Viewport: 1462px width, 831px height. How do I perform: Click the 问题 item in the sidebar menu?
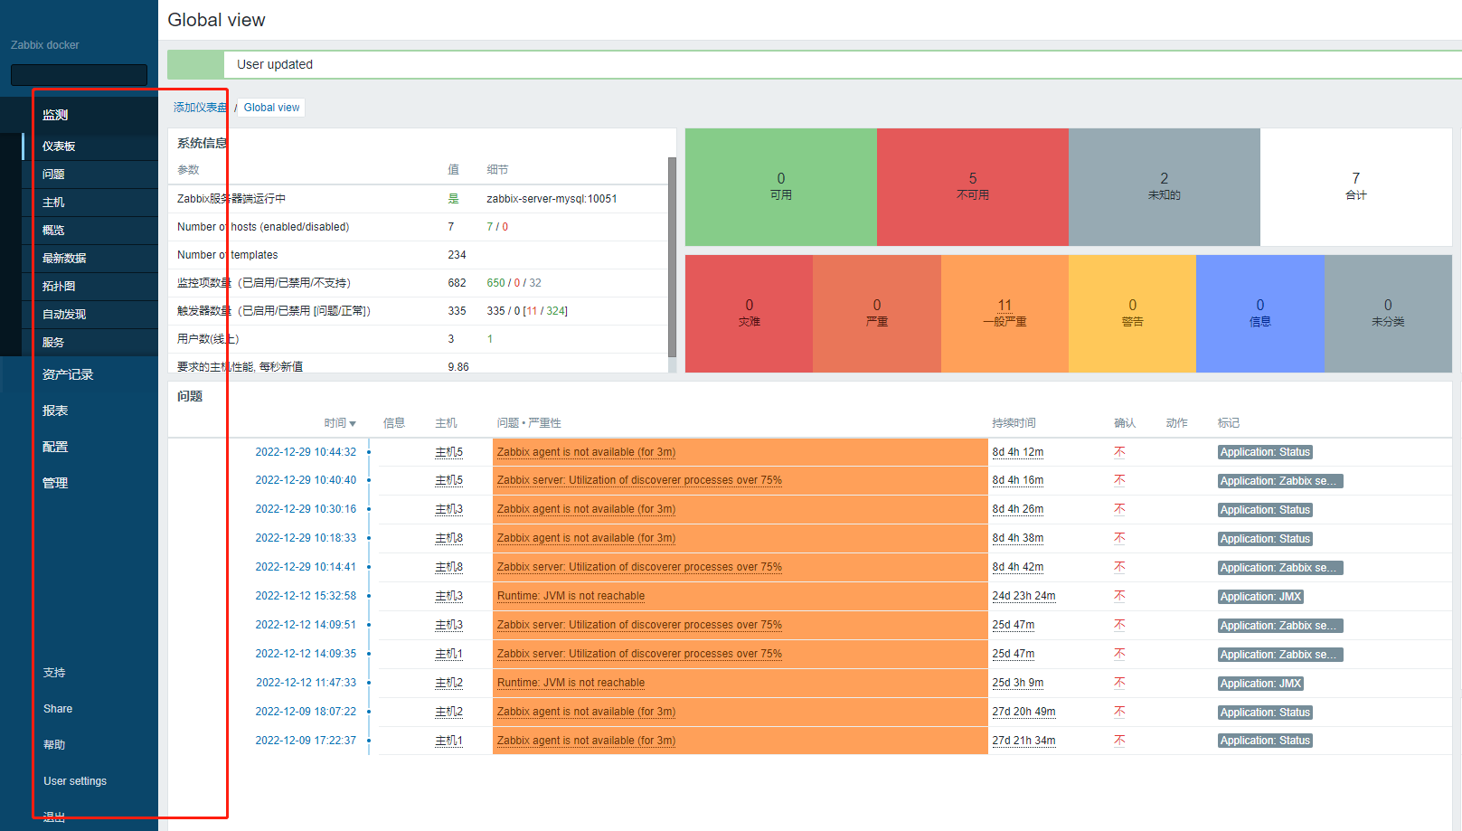[x=53, y=175]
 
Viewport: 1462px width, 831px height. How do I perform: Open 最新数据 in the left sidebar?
[x=64, y=259]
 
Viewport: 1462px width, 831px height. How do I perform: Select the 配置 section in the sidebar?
[x=55, y=447]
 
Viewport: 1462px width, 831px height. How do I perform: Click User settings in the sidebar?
[x=75, y=781]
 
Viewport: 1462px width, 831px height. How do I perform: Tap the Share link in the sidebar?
[x=58, y=709]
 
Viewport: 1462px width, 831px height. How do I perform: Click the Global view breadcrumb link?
[x=271, y=108]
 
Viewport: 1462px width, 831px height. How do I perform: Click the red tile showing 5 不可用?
[x=972, y=186]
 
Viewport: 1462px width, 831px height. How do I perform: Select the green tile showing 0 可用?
[x=780, y=186]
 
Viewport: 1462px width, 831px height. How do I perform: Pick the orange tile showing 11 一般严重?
[x=1005, y=313]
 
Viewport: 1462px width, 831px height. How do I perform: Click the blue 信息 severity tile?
[x=1259, y=313]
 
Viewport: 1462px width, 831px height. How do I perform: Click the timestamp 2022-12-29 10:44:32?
[x=306, y=452]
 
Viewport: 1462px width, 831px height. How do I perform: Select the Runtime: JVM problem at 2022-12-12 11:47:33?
[x=571, y=683]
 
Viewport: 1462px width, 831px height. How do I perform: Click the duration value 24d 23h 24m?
[x=1023, y=596]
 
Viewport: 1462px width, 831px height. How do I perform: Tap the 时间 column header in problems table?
[x=340, y=423]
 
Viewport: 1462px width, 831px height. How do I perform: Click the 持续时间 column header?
[x=1013, y=423]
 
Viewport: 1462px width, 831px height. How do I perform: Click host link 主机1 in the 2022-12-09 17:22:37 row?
[x=448, y=741]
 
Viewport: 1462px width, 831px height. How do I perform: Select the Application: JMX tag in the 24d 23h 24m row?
[x=1260, y=597]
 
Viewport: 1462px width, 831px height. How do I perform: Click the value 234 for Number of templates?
[x=457, y=255]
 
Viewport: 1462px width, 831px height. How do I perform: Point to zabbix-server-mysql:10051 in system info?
[x=552, y=199]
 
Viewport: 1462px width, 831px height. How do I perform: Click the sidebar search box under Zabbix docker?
[x=79, y=75]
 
